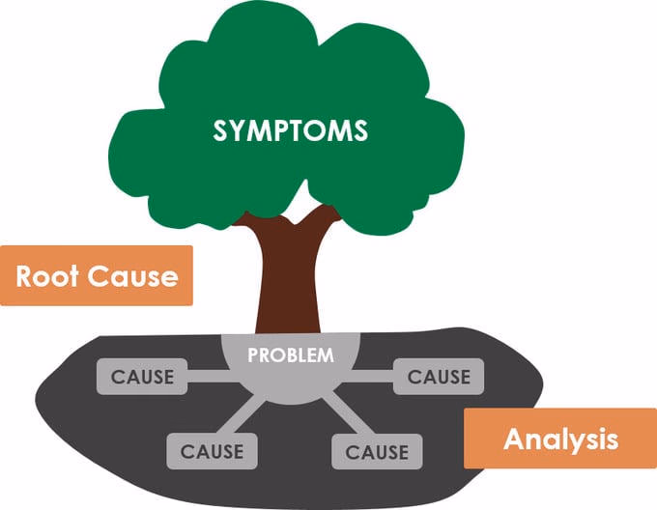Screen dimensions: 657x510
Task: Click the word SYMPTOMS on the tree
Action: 291,130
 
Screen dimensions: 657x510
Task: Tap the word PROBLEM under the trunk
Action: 291,355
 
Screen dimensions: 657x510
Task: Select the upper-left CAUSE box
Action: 142,377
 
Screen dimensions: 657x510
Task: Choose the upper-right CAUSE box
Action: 439,377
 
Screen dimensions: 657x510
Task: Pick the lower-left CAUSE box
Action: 212,451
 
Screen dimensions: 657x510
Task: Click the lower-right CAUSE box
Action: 377,451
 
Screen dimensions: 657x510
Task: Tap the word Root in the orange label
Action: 47,276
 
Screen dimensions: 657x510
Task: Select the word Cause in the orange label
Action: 132,276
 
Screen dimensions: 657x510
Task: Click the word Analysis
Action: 561,439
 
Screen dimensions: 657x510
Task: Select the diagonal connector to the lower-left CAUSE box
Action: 241,415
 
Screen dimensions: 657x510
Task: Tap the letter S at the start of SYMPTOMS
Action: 220,130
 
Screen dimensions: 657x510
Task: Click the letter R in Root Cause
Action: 25,276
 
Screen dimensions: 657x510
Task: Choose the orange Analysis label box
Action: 560,439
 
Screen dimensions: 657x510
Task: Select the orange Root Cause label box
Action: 97,275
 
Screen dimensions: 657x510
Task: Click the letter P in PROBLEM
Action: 253,355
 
